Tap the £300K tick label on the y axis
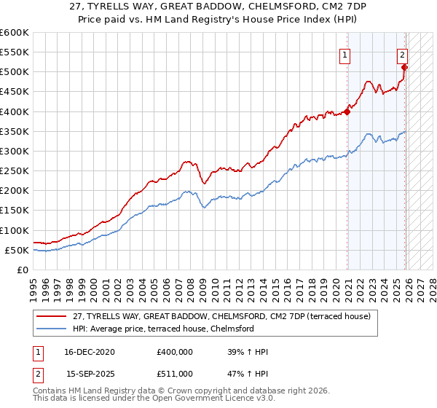[x=15, y=151]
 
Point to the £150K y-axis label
[x=15, y=211]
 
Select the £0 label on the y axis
[x=23, y=270]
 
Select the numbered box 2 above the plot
[x=402, y=54]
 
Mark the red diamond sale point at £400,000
[x=347, y=111]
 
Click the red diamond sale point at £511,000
[x=404, y=68]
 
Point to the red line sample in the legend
[x=52, y=316]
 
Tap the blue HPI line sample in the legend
[x=52, y=329]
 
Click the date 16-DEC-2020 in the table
[x=90, y=352]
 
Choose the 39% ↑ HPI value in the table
[x=248, y=352]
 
